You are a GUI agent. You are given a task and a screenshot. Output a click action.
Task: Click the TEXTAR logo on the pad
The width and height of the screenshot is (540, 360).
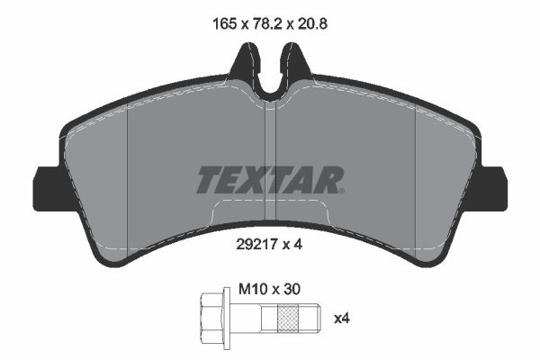(269, 180)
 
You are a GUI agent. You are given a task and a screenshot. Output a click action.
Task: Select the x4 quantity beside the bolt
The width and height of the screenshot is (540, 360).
(342, 318)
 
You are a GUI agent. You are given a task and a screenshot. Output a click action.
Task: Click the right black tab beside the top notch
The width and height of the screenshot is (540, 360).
(297, 65)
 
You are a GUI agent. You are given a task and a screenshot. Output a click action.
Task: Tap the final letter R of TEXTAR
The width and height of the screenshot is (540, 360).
(330, 180)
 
